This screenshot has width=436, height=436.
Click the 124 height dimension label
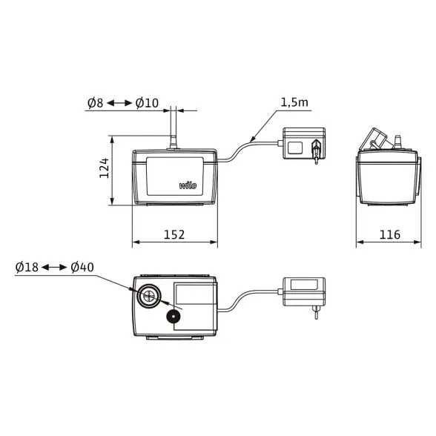(105, 168)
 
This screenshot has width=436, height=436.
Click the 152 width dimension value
(174, 234)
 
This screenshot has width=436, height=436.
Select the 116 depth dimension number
(390, 234)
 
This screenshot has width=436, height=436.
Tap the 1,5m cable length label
(294, 102)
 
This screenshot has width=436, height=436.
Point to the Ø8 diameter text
(96, 103)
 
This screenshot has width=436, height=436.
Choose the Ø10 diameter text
(147, 103)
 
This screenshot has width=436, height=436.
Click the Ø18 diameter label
(27, 267)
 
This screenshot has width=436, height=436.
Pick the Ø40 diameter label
(82, 267)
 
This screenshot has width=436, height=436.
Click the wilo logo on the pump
(188, 185)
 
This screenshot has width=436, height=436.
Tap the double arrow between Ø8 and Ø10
(119, 103)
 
